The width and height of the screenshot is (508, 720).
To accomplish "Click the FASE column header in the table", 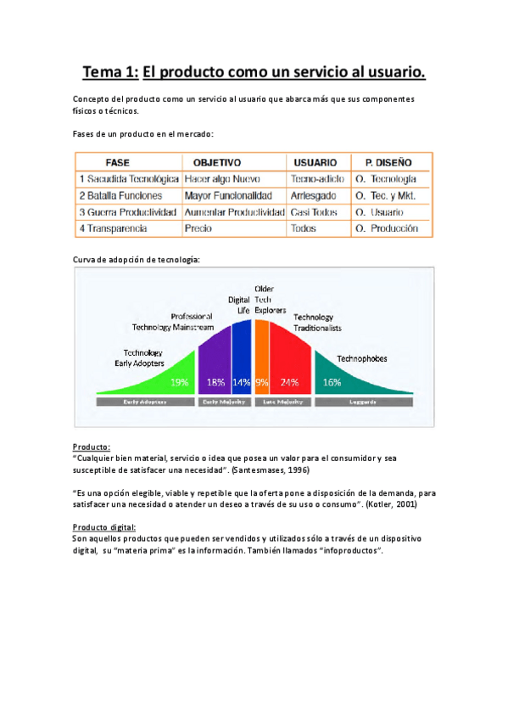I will (117, 161).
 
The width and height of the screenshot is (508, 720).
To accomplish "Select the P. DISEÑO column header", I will (388, 161).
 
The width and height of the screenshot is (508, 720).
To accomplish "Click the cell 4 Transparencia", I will (113, 228).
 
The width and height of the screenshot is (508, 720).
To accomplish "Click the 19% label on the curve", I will (179, 382).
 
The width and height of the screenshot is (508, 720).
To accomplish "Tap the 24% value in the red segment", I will (289, 382).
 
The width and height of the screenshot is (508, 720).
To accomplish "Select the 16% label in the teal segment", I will (332, 382).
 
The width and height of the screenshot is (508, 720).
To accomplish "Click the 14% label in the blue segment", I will (241, 382).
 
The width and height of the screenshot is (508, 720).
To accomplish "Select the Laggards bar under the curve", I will (364, 401).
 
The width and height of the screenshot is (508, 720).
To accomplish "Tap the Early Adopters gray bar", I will (144, 401).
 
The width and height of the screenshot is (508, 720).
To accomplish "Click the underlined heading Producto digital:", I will (104, 527).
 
